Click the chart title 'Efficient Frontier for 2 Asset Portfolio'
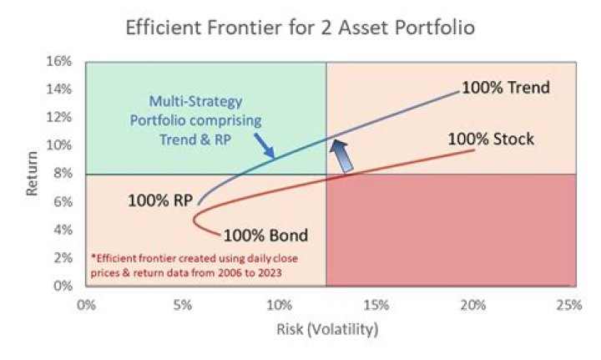point(300,27)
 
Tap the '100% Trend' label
point(505,88)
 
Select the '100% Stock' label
point(491,138)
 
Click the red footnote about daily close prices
point(194,265)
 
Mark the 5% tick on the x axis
point(182,305)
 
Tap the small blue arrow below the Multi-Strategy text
point(263,149)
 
